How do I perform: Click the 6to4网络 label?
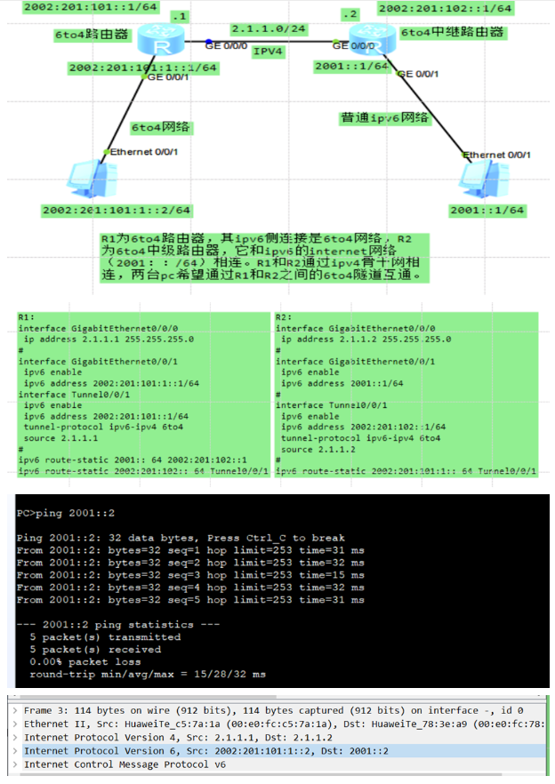click(x=159, y=127)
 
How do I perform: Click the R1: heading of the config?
click(x=26, y=317)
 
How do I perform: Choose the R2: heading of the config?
click(x=284, y=317)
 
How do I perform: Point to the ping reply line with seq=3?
click(x=190, y=574)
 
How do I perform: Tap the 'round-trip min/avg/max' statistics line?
click(x=148, y=675)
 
